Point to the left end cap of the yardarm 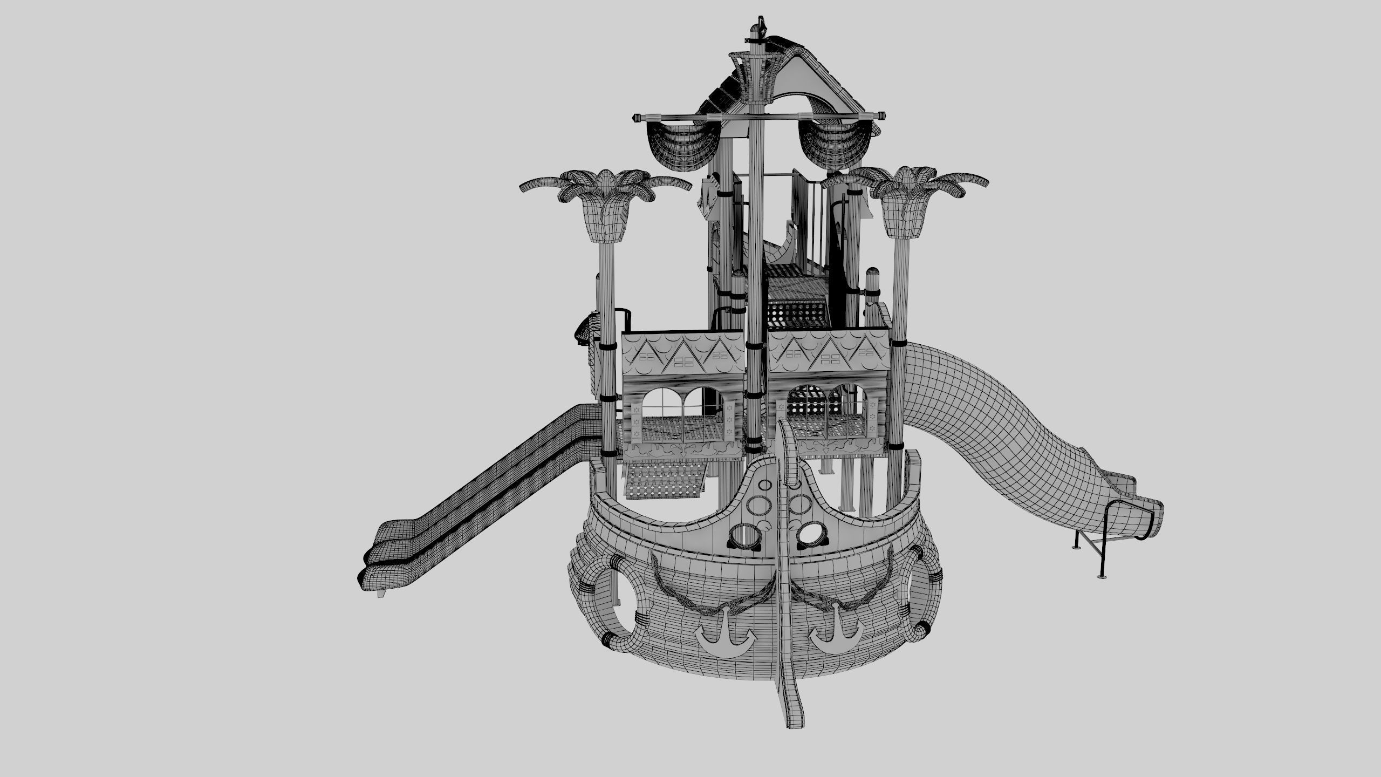pos(637,117)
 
